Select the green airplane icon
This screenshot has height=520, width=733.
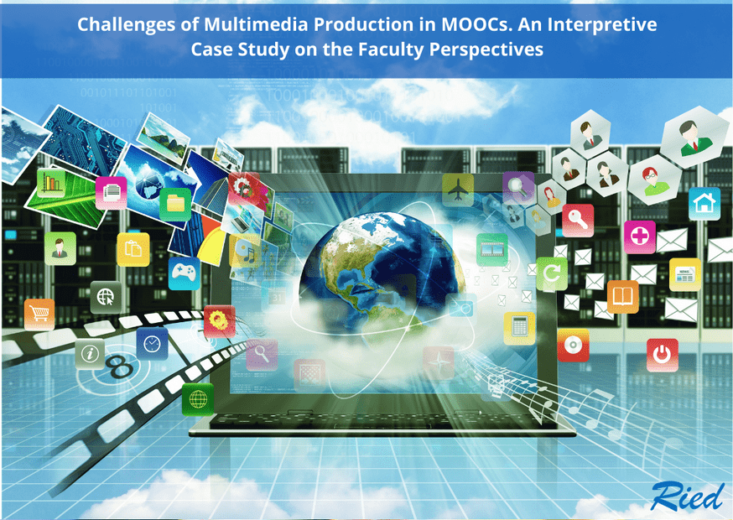click(x=458, y=190)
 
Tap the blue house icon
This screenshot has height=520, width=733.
click(x=704, y=204)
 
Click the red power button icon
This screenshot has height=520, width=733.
click(x=662, y=355)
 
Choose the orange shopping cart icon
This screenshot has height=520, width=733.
click(x=39, y=314)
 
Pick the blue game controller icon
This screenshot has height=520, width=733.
click(x=185, y=273)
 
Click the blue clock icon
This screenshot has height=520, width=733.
click(x=152, y=344)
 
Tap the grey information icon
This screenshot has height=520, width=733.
click(x=90, y=354)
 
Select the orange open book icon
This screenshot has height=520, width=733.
click(x=622, y=296)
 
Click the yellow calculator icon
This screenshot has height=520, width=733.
click(x=519, y=328)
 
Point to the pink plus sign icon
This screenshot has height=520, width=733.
click(x=640, y=237)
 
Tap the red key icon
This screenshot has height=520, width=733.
click(x=578, y=221)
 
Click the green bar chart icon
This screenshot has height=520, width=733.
click(x=51, y=183)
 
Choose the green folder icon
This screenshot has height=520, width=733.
click(x=175, y=204)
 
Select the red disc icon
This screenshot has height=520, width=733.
click(x=573, y=345)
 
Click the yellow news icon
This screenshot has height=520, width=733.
click(x=685, y=274)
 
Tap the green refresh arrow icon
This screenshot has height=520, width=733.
click(x=552, y=273)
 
